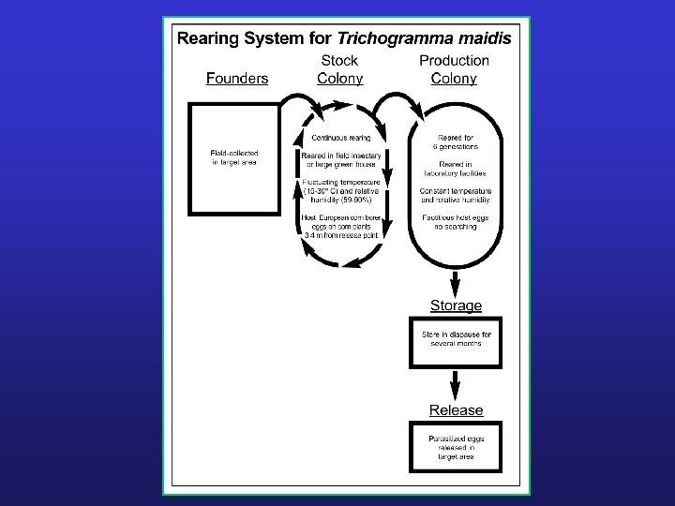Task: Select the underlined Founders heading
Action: coord(237,79)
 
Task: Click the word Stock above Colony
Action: coord(340,61)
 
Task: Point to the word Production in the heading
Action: coord(454,61)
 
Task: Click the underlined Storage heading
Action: coord(456,305)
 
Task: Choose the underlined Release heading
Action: coord(456,409)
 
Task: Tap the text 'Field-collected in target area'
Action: coord(234,156)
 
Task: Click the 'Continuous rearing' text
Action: coord(340,138)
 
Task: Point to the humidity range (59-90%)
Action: coord(340,199)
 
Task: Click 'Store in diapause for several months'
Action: coord(455,338)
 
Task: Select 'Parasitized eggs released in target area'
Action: coord(455,447)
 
